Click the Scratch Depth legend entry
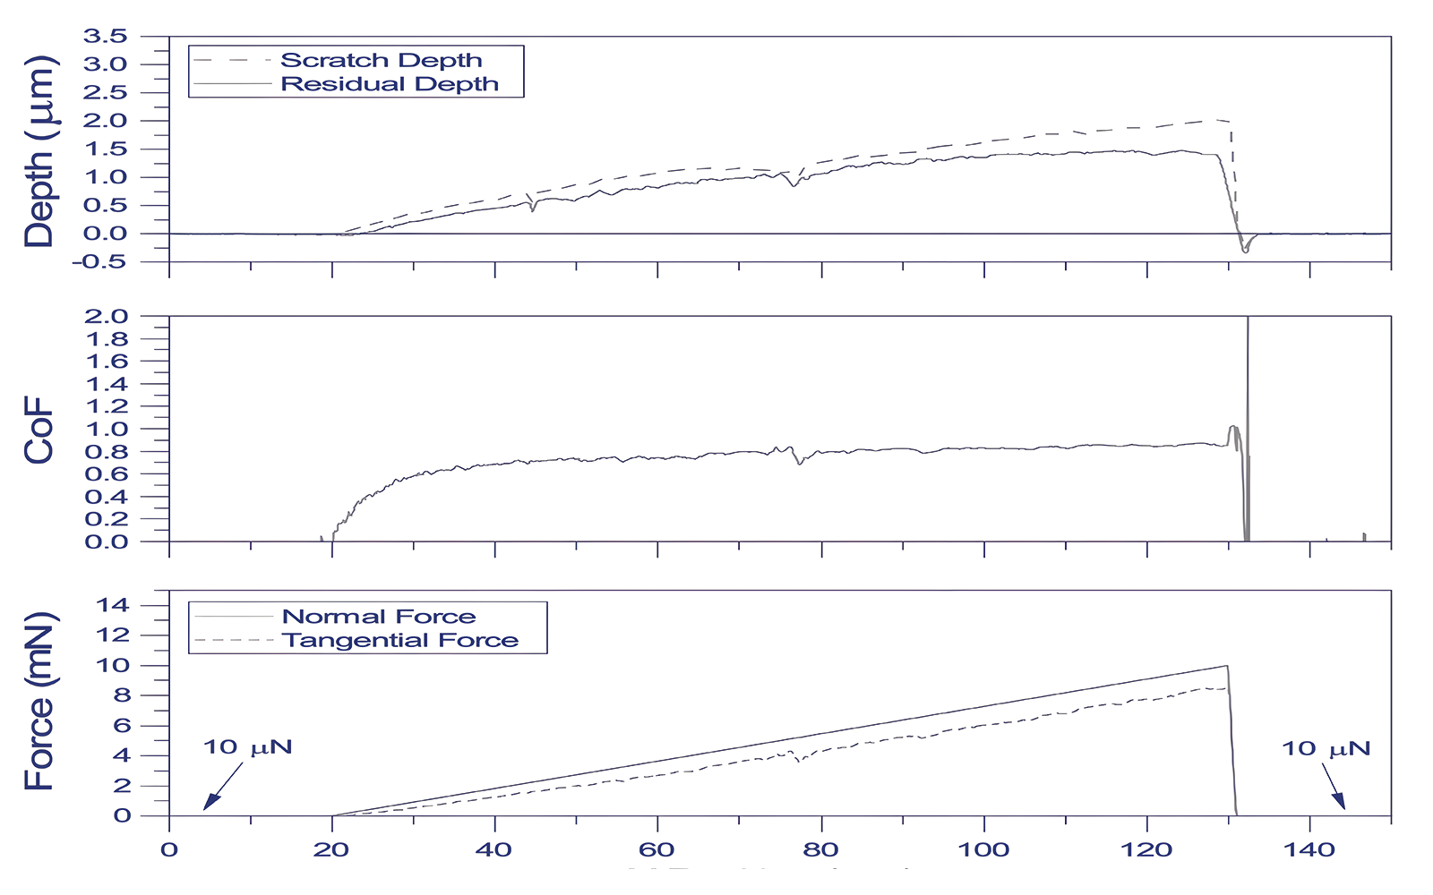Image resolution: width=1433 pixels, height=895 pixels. [381, 60]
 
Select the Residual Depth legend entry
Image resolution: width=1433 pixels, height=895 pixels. [390, 84]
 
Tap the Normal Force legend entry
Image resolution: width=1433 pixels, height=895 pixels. [379, 617]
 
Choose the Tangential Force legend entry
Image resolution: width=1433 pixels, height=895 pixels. [399, 641]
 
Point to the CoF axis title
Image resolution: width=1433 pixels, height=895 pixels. [39, 431]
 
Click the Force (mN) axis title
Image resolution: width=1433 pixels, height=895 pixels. [39, 703]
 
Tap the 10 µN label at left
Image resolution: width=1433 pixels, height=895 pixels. [247, 747]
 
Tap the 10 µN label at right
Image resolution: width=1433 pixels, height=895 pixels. [1326, 749]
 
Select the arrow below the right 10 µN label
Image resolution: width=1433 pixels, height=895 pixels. [1333, 789]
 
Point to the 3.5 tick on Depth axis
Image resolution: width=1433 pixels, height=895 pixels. [105, 37]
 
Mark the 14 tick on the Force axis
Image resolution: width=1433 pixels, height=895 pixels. [114, 606]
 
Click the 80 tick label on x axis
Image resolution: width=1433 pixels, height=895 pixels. [820, 850]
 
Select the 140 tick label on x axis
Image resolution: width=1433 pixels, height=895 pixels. [1309, 850]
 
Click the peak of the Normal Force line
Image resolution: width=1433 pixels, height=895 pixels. [1226, 666]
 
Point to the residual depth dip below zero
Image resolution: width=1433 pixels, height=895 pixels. [1245, 251]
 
